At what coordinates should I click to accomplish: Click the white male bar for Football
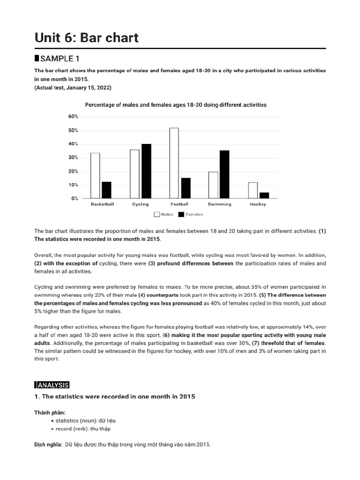[x=174, y=163]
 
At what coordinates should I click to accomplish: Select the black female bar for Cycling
[x=146, y=171]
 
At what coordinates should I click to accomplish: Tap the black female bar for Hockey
[x=264, y=195]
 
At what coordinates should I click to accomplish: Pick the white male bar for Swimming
[x=213, y=185]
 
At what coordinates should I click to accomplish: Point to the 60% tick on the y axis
[x=73, y=116]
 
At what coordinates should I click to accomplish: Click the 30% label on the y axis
[x=73, y=157]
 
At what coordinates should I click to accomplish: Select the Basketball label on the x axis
[x=102, y=204]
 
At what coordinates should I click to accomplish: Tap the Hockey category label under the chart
[x=258, y=204]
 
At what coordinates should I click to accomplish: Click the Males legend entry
[x=164, y=215]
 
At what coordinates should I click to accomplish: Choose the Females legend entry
[x=191, y=215]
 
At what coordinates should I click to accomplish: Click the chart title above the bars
[x=175, y=105]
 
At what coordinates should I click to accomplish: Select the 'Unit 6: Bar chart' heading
[x=87, y=37]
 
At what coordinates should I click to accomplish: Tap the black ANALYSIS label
[x=52, y=385]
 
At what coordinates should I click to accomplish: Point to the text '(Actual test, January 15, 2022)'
[x=73, y=88]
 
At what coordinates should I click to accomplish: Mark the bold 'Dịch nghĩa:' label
[x=47, y=444]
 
